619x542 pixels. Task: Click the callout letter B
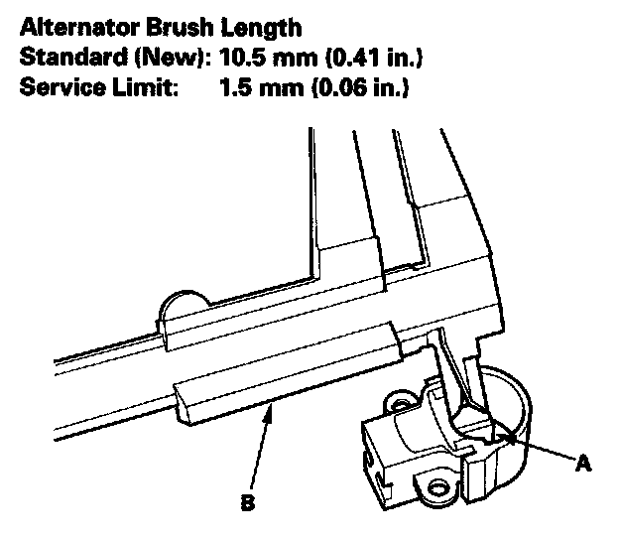(x=246, y=502)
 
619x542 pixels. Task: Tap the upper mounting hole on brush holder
(x=402, y=403)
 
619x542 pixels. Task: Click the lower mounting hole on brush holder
(x=437, y=487)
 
